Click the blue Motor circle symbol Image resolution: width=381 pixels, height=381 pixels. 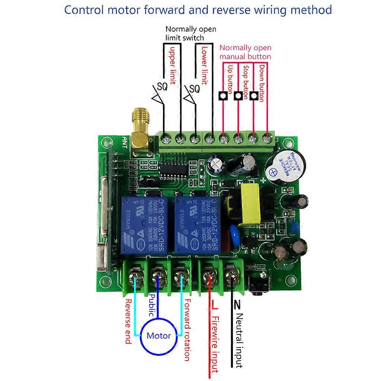tap(159, 336)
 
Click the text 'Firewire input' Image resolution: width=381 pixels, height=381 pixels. tap(215, 344)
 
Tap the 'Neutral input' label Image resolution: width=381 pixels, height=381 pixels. tap(239, 340)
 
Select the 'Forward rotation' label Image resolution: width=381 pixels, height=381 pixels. tap(187, 330)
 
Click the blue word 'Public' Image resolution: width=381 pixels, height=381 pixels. tap(152, 305)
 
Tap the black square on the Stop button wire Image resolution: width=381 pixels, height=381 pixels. tap(238, 96)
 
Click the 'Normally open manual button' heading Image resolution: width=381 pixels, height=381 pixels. tap(245, 52)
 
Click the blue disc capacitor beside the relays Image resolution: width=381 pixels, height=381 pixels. tap(234, 231)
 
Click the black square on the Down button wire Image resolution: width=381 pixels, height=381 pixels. tap(254, 96)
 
